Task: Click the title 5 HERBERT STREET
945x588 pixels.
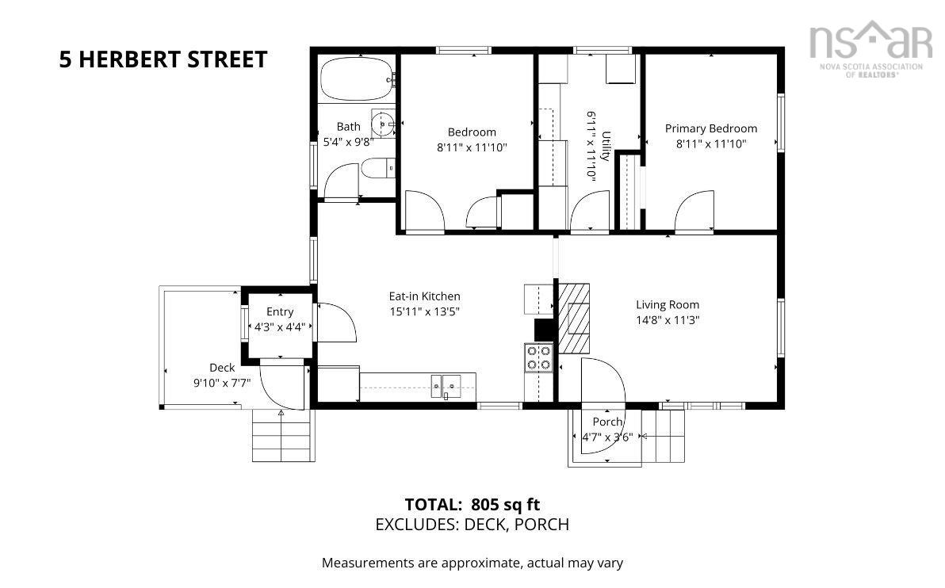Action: pyautogui.click(x=163, y=59)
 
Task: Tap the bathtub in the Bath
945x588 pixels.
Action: pyautogui.click(x=356, y=78)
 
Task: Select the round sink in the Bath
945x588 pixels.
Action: pyautogui.click(x=384, y=124)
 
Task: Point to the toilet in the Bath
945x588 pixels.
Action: pyautogui.click(x=377, y=167)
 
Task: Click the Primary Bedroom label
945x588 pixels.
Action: pyautogui.click(x=710, y=128)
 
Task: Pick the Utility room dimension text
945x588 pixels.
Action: pyautogui.click(x=591, y=147)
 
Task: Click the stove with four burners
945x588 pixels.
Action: pyautogui.click(x=539, y=357)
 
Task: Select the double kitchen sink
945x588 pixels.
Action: pyautogui.click(x=446, y=387)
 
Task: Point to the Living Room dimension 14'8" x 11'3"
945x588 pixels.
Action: pyautogui.click(x=667, y=320)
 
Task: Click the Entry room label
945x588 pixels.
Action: pyautogui.click(x=280, y=311)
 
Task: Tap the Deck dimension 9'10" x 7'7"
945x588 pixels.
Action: pyautogui.click(x=222, y=383)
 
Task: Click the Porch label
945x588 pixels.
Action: pyautogui.click(x=607, y=422)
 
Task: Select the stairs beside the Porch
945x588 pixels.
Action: pyautogui.click(x=667, y=435)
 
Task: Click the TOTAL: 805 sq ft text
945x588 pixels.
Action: pyautogui.click(x=472, y=504)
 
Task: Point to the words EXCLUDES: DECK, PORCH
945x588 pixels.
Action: pyautogui.click(x=472, y=525)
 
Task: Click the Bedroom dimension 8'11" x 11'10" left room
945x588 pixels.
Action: pyautogui.click(x=472, y=147)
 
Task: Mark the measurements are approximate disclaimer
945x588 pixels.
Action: pyautogui.click(x=472, y=563)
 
